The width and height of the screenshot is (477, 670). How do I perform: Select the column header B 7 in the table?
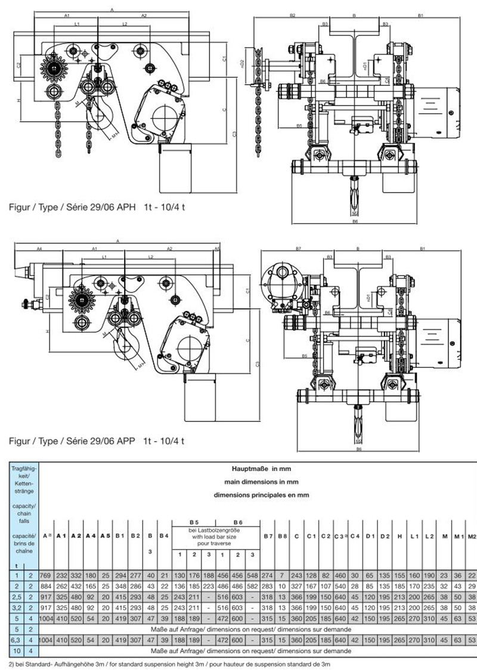267,537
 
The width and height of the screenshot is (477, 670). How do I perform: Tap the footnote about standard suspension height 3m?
173,663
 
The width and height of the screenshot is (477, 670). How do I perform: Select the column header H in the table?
399,537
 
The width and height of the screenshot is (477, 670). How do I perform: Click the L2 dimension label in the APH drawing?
124,24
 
